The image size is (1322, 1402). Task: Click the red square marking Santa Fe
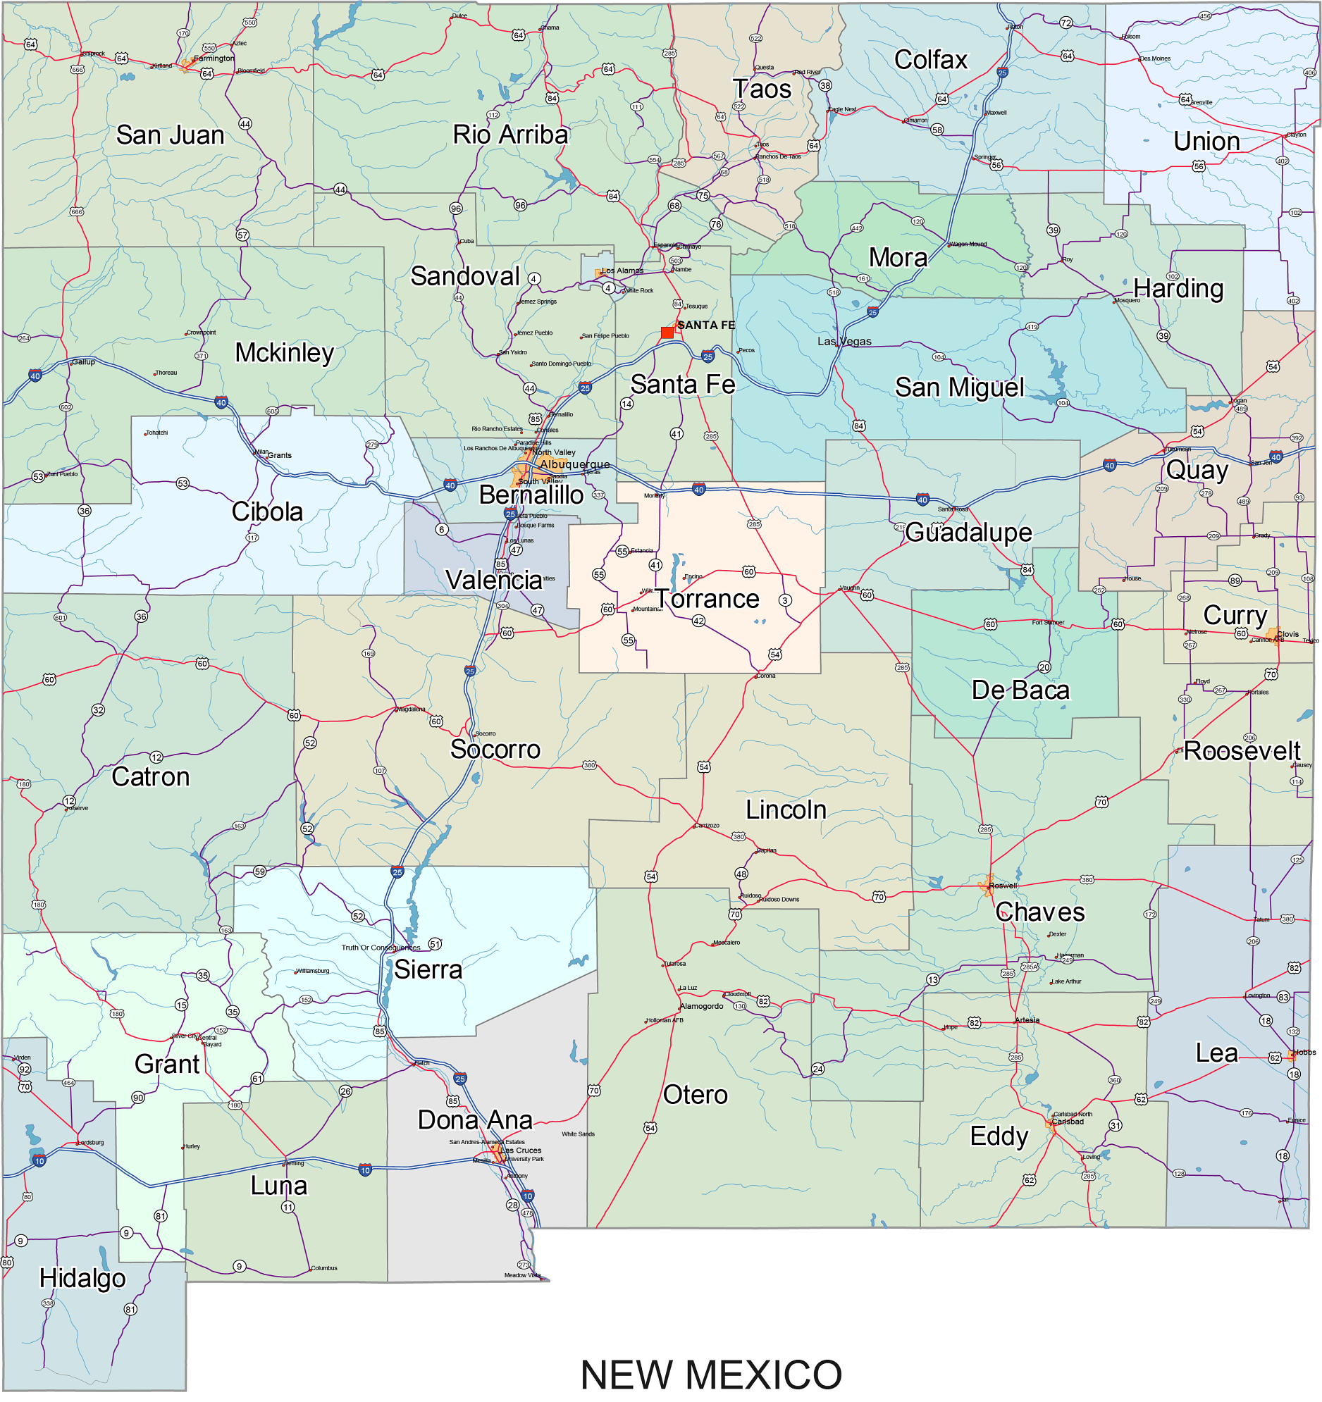click(667, 332)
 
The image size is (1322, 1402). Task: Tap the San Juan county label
click(170, 135)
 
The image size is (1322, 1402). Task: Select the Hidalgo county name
click(82, 1278)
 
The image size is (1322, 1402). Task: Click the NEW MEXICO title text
click(710, 1375)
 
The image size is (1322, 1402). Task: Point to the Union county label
click(1206, 141)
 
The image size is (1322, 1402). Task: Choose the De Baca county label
click(1020, 690)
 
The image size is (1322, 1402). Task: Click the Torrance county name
click(708, 599)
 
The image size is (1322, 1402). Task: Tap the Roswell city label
click(1003, 886)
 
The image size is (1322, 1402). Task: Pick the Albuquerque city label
click(574, 464)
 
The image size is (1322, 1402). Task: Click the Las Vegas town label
click(844, 341)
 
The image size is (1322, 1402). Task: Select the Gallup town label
click(83, 362)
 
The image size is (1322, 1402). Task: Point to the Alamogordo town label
click(701, 1005)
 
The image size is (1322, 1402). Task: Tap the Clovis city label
click(1287, 634)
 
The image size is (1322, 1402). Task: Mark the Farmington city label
click(214, 58)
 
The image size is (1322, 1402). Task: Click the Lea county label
click(1216, 1053)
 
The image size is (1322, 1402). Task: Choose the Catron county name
click(150, 776)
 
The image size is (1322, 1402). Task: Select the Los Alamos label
click(622, 270)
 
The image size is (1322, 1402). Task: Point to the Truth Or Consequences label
click(381, 947)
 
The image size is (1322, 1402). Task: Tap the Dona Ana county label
click(475, 1120)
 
